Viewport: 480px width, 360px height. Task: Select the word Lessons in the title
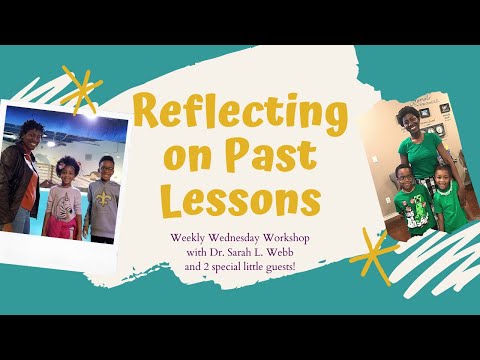click(240, 200)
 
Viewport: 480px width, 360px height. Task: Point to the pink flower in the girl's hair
click(62, 159)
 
